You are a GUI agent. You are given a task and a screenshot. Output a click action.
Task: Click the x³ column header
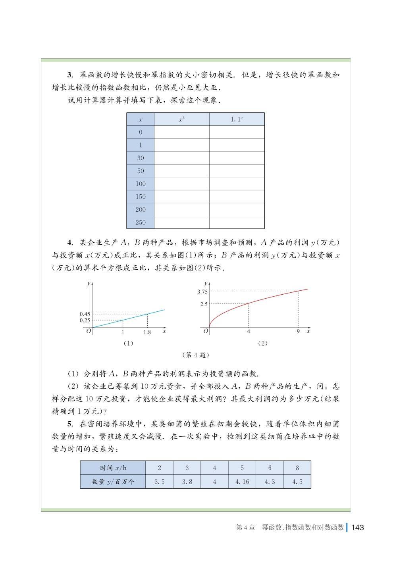point(181,119)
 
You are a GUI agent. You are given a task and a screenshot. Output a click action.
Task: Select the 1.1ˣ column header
point(237,119)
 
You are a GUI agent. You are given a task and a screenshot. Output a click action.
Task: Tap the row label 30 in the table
point(141,158)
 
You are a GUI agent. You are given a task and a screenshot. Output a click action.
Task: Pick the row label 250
point(141,223)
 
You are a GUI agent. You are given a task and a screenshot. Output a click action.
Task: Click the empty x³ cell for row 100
point(181,184)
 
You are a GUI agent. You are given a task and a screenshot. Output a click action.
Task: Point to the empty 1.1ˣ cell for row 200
point(237,209)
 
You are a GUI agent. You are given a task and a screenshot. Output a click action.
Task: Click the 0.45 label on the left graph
point(85,314)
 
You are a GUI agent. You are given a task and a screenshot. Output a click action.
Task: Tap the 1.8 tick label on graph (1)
point(147,332)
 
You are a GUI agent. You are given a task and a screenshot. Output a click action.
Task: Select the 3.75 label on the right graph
point(202,292)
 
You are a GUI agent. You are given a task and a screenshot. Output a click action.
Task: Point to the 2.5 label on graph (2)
point(204,304)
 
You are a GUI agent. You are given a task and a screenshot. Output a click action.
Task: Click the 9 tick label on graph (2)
point(298,332)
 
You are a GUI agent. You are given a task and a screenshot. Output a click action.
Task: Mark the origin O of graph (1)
point(89,331)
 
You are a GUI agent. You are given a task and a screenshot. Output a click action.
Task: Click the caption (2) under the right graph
point(263,343)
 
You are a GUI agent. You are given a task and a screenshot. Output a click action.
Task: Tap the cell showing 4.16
point(242,482)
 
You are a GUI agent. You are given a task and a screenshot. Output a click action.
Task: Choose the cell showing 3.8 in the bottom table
point(187,482)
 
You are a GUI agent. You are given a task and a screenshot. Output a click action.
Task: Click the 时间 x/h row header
point(113,468)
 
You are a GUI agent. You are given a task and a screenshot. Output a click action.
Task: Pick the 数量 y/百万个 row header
point(113,482)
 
